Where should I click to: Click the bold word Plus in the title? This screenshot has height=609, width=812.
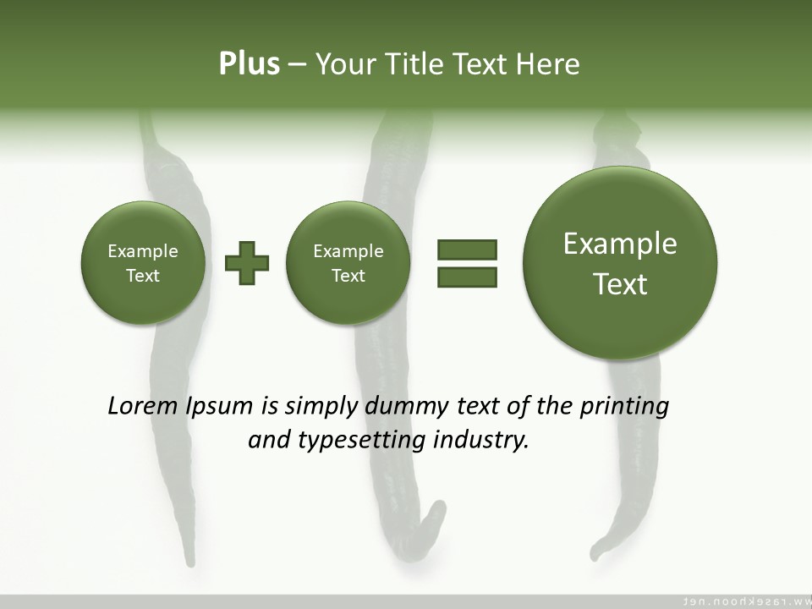pyautogui.click(x=249, y=64)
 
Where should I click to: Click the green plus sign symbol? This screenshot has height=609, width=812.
pyautogui.click(x=247, y=263)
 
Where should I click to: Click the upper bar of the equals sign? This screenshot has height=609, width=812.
pyautogui.click(x=467, y=250)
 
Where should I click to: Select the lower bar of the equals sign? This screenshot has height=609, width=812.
pyautogui.click(x=467, y=277)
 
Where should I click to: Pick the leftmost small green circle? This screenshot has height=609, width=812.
pyautogui.click(x=143, y=263)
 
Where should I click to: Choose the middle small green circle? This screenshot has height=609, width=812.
pyautogui.click(x=348, y=263)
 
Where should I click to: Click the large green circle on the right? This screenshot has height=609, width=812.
pyautogui.click(x=620, y=263)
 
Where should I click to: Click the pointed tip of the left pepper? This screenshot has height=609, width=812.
pyautogui.click(x=189, y=560)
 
